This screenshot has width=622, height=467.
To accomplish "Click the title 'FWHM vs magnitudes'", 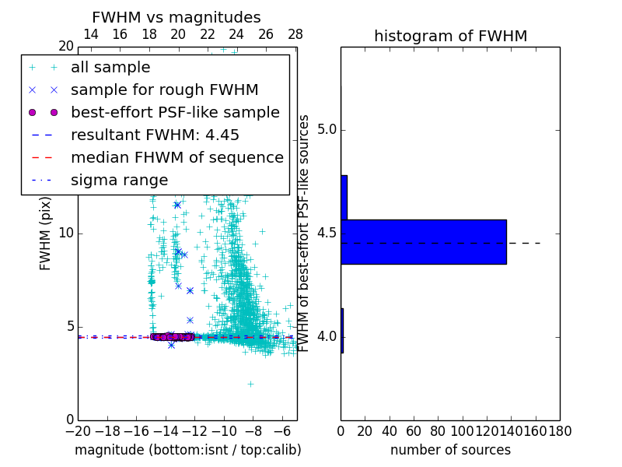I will pos(176,18).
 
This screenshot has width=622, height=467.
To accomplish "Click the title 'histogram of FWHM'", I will pos(450,36).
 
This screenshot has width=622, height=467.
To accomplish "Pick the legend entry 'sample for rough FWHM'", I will pos(164,90).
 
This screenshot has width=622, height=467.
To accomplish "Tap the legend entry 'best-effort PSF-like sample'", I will pos(175,113).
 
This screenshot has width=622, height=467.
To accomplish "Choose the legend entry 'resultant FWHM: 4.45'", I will pos(155,135).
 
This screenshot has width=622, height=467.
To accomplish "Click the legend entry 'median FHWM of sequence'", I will pos(176,158).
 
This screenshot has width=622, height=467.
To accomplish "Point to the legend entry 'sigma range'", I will pos(119,181).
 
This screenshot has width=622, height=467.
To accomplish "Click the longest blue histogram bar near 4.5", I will pos(424,241).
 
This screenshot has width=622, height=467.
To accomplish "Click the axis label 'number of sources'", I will pos(450,450).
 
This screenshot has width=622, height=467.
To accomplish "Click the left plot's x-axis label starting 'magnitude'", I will pos(187,450).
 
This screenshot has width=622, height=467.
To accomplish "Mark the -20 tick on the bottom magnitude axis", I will pos(78,430).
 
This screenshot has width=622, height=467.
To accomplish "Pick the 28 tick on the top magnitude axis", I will pos(295,35).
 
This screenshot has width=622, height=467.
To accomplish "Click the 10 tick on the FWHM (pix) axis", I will pos(66,233).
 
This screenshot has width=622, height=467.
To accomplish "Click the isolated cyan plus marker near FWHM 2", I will pos(250,384).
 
